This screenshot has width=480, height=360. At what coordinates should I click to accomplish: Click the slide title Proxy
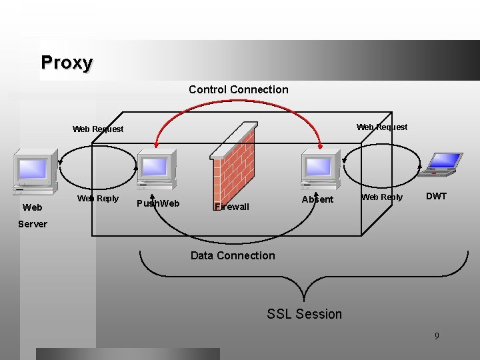[67, 63]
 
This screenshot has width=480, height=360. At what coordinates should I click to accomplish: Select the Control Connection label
[238, 89]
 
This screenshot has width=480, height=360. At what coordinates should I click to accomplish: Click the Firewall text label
[232, 207]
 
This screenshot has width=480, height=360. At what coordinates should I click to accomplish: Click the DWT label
[436, 196]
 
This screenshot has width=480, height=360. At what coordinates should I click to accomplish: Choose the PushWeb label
[157, 203]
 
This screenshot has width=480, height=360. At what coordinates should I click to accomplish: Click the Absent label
[317, 199]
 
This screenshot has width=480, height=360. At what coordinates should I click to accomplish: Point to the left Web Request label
[98, 129]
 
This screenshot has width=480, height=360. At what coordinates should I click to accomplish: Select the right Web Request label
[382, 127]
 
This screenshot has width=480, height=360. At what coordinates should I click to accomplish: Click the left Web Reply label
[98, 198]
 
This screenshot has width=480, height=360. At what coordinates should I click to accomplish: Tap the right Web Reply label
[382, 197]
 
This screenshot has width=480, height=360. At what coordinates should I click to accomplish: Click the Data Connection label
[232, 255]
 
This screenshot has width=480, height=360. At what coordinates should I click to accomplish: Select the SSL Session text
[304, 314]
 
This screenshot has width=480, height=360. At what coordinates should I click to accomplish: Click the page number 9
[437, 336]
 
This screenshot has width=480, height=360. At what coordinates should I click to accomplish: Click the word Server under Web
[33, 224]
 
